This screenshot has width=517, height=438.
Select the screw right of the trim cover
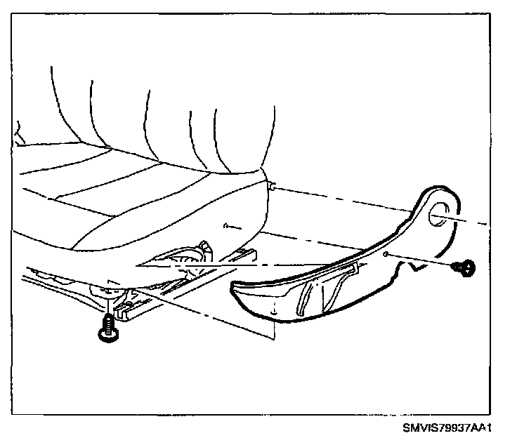tap(464, 267)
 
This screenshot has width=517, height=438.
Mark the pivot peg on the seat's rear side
tap(270, 185)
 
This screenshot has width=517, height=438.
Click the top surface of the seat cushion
tap(126, 197)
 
